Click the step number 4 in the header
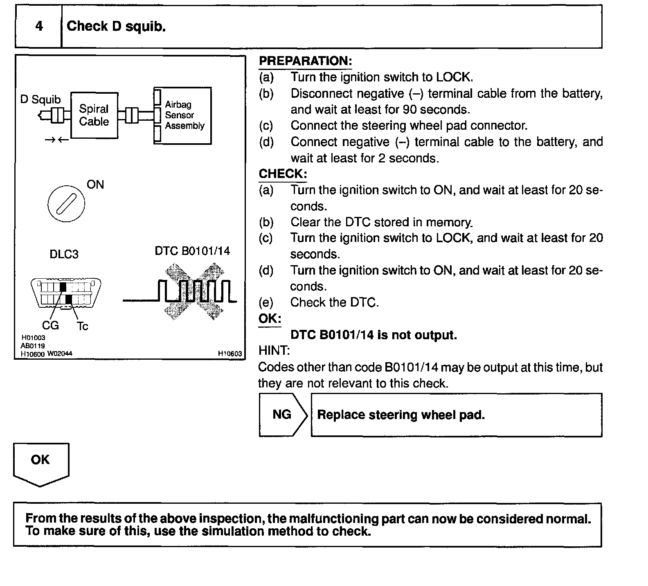[x=39, y=27]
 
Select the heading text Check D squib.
[x=116, y=27]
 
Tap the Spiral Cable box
[x=94, y=115]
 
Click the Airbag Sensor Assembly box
[x=183, y=115]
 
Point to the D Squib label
[x=40, y=99]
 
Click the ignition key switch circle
[x=66, y=203]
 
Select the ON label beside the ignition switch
[x=95, y=185]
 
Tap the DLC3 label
[x=64, y=254]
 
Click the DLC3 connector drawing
[x=66, y=293]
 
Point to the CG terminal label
[x=50, y=325]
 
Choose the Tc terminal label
[x=82, y=326]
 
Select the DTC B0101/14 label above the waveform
[x=192, y=250]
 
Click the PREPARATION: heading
[x=305, y=61]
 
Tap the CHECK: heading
[x=283, y=174]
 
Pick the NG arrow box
[x=282, y=415]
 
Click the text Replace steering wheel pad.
[x=401, y=415]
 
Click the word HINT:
[x=274, y=351]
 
